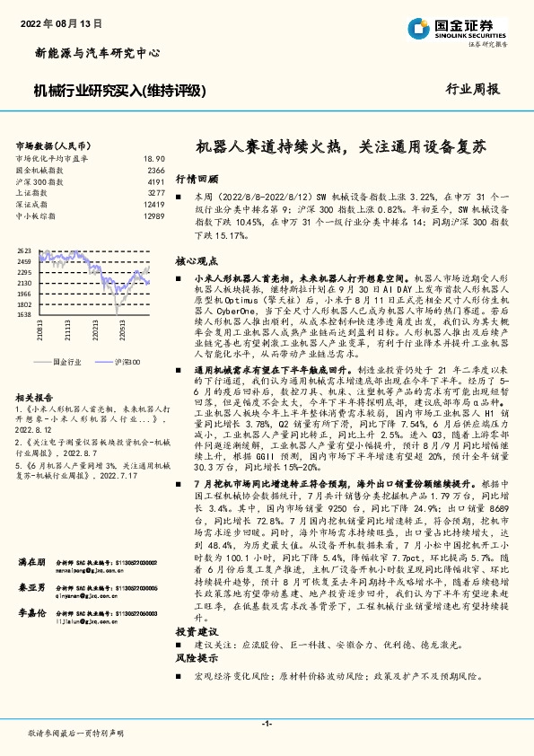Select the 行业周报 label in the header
point(473,90)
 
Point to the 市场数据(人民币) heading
point(53,145)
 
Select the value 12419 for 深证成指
point(153,205)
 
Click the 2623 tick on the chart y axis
point(24,251)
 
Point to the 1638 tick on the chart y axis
point(24,315)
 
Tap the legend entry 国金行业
point(68,360)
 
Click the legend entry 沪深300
point(127,360)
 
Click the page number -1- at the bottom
point(267,723)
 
